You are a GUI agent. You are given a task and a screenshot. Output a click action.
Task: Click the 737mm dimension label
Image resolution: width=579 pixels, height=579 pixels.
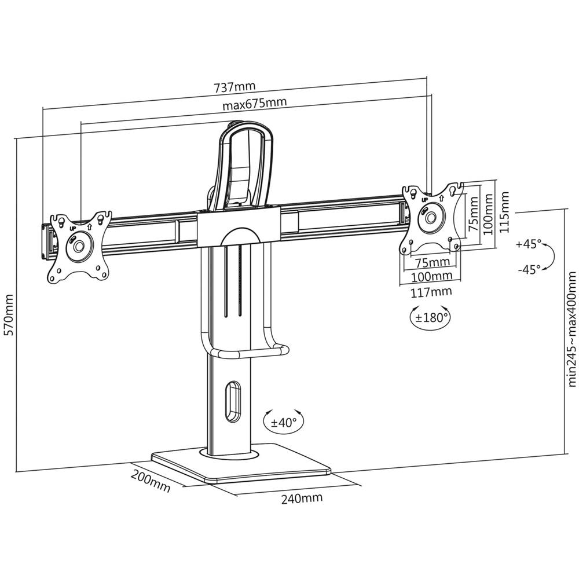point(234,87)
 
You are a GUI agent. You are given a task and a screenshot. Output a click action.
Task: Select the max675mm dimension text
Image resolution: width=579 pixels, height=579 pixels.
point(254,103)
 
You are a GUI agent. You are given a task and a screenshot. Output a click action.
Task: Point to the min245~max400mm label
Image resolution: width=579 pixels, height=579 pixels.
point(571,329)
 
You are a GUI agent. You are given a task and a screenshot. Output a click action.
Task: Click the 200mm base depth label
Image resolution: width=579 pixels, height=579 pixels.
point(151,482)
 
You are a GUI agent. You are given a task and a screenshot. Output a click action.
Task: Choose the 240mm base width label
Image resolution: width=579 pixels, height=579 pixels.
point(302,498)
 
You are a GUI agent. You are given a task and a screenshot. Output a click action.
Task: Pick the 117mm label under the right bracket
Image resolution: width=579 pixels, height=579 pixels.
point(431,292)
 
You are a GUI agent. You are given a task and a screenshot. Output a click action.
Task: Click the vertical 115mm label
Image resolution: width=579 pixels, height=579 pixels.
point(504,211)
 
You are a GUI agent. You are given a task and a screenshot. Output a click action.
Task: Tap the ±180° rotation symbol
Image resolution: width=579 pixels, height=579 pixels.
point(430,317)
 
